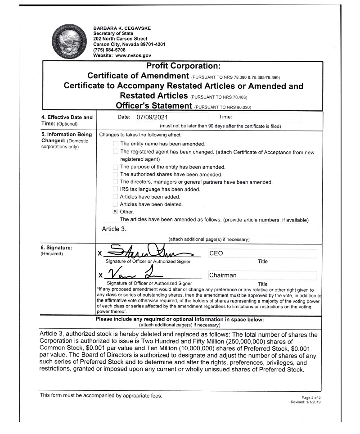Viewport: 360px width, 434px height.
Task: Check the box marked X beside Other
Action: coord(116,211)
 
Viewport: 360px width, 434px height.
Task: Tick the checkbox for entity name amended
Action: coord(116,144)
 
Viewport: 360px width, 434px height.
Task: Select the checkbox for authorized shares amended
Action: coord(116,174)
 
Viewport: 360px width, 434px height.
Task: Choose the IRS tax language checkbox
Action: coord(116,190)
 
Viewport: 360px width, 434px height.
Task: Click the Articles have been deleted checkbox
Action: coord(116,204)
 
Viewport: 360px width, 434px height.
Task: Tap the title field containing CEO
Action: coord(262,253)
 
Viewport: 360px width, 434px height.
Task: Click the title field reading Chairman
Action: coord(262,275)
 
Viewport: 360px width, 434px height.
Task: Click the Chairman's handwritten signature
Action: coord(135,273)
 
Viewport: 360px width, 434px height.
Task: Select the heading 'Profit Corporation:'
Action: coord(182,66)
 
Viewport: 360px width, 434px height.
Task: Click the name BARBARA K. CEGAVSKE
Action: coord(122,28)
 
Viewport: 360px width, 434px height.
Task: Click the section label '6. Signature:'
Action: coord(56,247)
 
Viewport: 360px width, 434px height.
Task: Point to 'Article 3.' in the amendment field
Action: coord(114,229)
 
